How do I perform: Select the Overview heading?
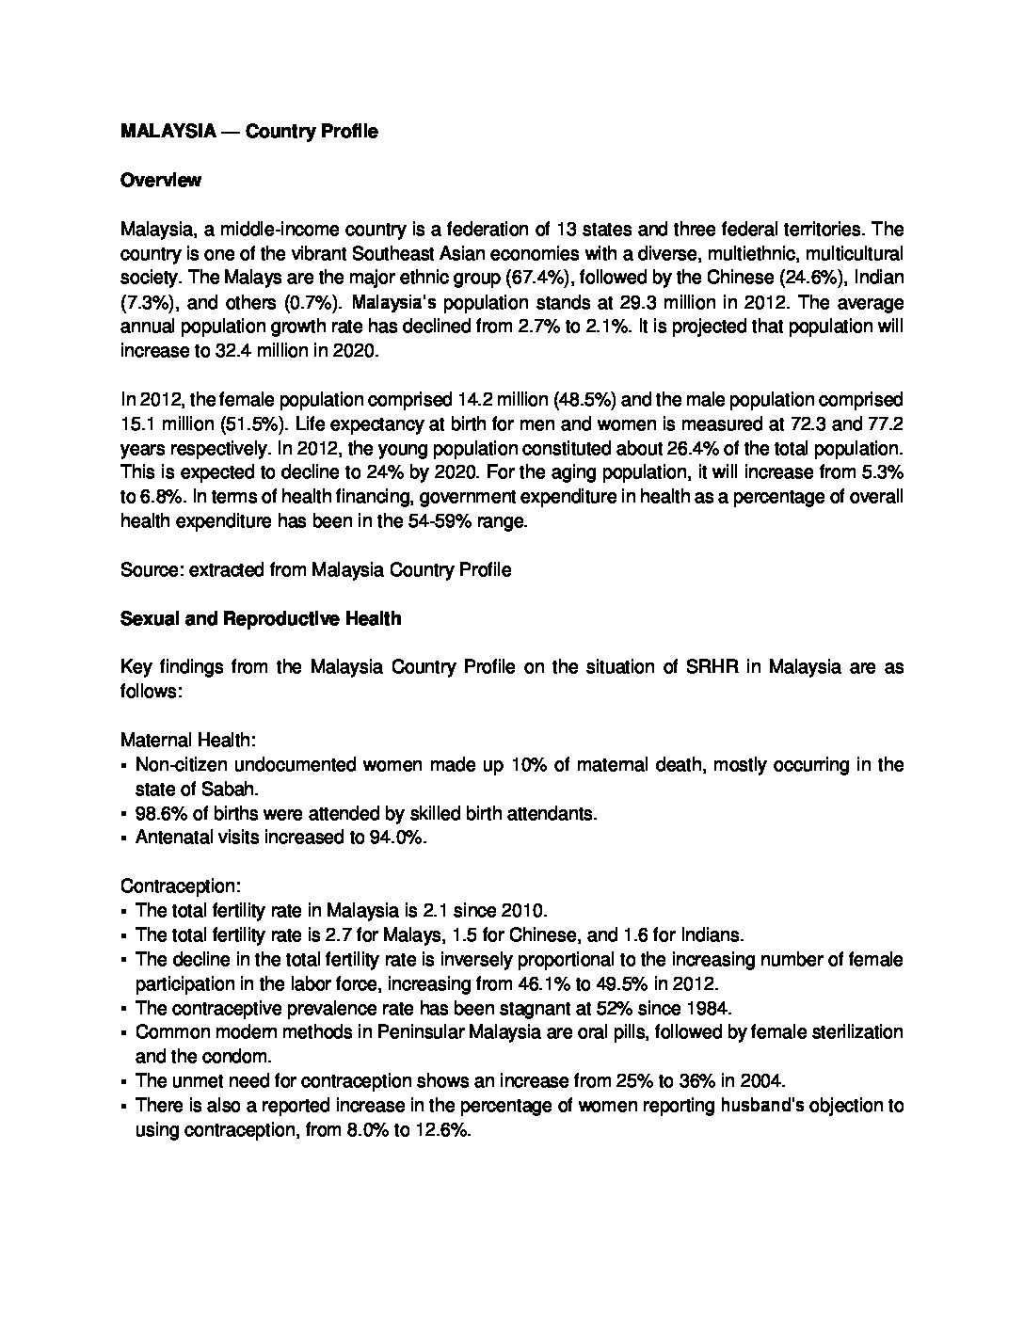(x=161, y=181)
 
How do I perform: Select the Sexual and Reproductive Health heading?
(x=261, y=619)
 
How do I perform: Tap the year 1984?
(x=709, y=1008)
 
